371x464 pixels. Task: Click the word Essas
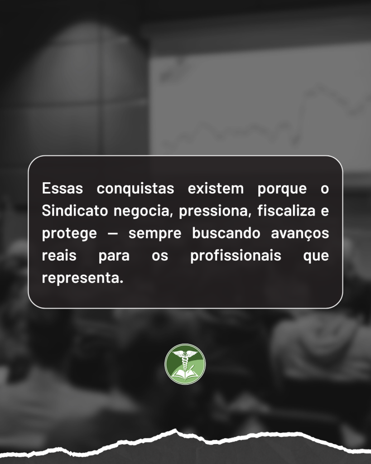[63, 188]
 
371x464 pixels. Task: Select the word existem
[216, 188]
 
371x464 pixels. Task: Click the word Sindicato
[75, 211]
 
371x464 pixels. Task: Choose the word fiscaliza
[286, 211]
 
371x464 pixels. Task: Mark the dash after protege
[112, 234]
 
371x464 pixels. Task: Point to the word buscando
[226, 233]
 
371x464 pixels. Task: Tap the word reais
[59, 256]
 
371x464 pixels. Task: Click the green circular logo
[185, 364]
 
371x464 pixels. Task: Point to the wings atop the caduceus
[185, 353]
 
